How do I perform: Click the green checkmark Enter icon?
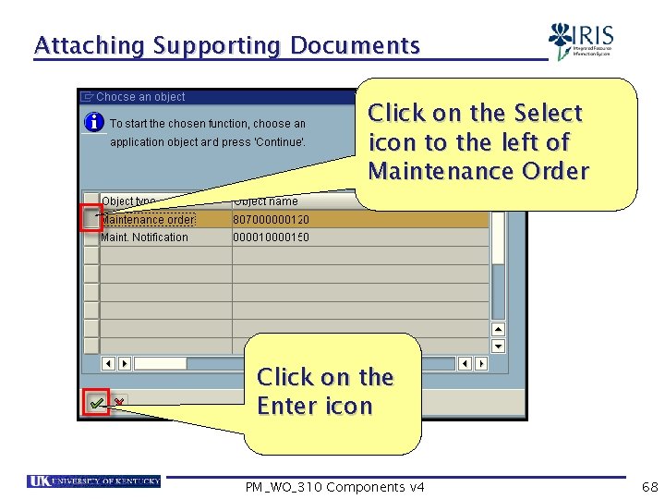tap(96, 403)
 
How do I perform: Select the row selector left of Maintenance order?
tap(91, 219)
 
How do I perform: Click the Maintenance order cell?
tap(148, 220)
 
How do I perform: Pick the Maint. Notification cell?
tap(144, 237)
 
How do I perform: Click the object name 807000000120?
tap(272, 220)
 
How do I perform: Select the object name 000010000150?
tap(272, 237)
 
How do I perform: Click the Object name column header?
tap(266, 201)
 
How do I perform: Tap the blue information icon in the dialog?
tap(93, 122)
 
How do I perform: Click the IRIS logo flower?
tap(561, 40)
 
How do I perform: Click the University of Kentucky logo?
tap(93, 481)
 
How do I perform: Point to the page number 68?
tap(650, 486)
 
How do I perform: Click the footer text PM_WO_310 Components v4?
tap(335, 487)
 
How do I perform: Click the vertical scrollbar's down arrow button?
tap(498, 346)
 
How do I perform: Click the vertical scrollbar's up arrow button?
tap(498, 328)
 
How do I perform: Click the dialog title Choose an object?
tap(140, 97)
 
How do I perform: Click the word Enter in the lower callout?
tap(285, 406)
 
